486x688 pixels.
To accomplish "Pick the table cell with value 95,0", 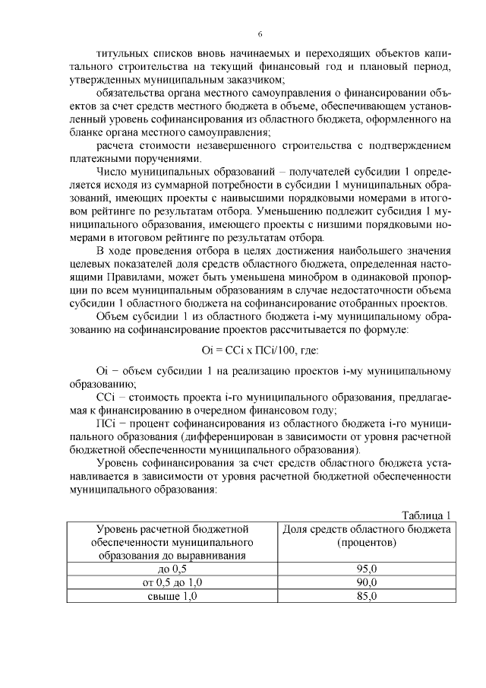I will click(367, 569).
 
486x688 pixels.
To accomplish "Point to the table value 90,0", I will click(367, 582).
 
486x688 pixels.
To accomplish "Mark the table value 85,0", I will click(367, 596).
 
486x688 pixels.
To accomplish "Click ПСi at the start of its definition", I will click(106, 423).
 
